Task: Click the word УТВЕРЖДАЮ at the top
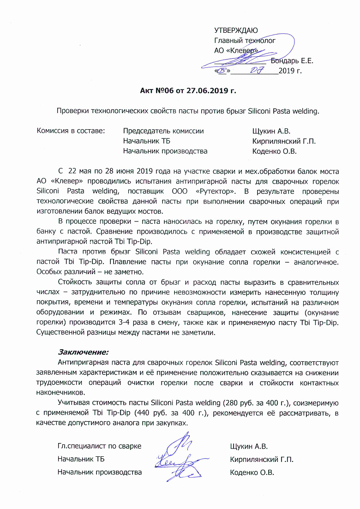pos(236,30)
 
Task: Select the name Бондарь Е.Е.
pos(292,60)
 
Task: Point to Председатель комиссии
pos(163,131)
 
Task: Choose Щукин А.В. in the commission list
pos(271,131)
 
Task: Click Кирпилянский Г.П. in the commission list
pos(284,141)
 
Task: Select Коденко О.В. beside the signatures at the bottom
pos(252,473)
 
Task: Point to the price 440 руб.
pos(149,413)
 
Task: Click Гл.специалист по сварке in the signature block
pos(99,446)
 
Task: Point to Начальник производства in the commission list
pos(165,151)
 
